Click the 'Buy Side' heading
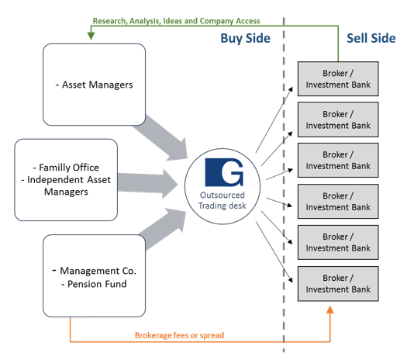click(x=245, y=39)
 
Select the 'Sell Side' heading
click(x=371, y=39)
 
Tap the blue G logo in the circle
click(x=224, y=172)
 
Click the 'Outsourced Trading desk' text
click(x=222, y=200)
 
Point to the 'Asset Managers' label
click(x=95, y=85)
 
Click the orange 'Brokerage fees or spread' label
click(x=179, y=335)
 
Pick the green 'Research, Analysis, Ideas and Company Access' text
click(x=177, y=21)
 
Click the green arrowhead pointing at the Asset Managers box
click(x=91, y=36)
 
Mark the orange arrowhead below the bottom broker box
click(x=330, y=310)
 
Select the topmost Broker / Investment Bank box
click(x=338, y=78)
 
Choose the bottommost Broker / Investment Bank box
click(x=338, y=284)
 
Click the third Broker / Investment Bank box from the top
click(x=338, y=161)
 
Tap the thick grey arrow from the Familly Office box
click(x=148, y=183)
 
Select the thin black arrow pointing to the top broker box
click(x=274, y=119)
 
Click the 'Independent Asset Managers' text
click(x=66, y=185)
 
